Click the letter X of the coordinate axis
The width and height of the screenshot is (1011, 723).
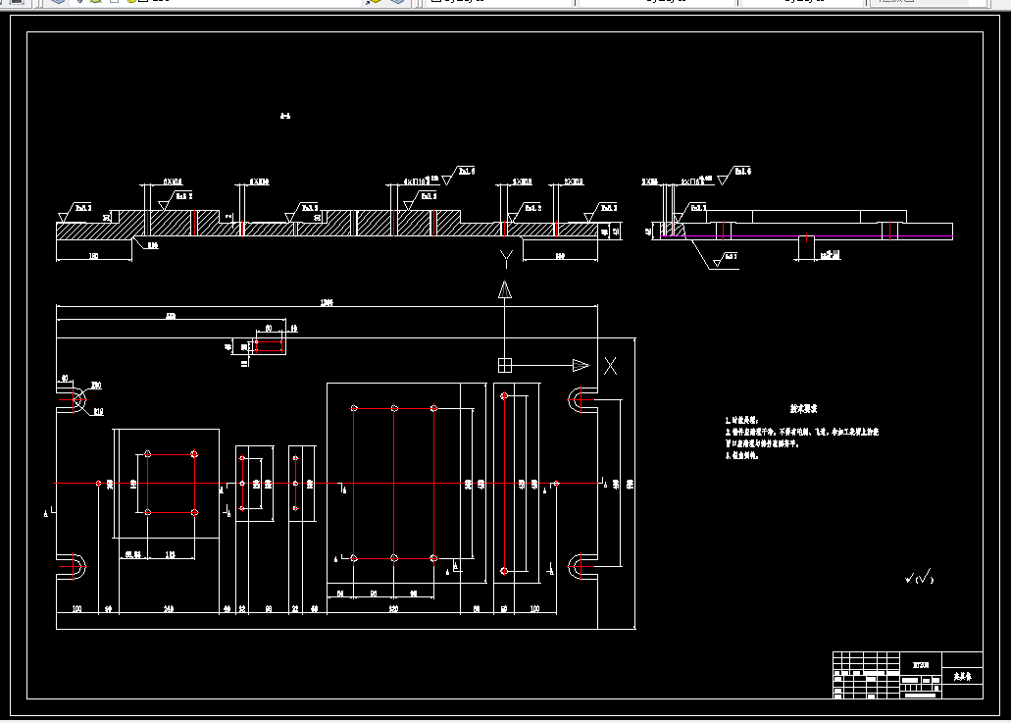coord(610,366)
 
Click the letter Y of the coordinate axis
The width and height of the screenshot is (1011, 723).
coord(505,260)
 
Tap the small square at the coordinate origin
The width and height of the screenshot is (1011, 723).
coord(505,365)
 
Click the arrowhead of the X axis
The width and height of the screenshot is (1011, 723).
coord(581,365)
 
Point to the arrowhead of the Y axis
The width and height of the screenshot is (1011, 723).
coord(505,289)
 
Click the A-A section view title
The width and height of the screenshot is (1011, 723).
coord(284,117)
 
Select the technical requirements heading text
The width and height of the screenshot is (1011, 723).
coord(805,408)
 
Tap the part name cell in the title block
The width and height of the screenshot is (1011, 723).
coord(961,677)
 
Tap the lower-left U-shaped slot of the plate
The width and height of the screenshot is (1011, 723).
coord(73,566)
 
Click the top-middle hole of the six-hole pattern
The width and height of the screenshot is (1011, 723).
coord(394,408)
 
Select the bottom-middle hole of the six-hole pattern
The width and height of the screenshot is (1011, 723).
coord(394,558)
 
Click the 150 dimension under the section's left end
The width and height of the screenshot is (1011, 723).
coord(94,256)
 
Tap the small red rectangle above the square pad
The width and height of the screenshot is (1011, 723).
coord(268,342)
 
